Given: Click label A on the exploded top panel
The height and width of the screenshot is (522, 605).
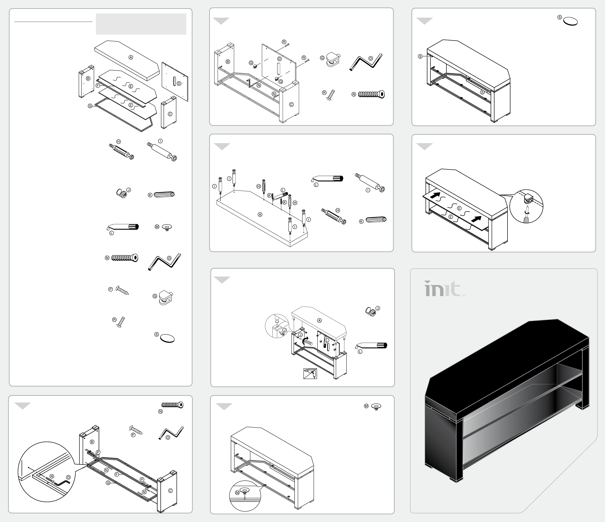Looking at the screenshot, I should coord(131,58).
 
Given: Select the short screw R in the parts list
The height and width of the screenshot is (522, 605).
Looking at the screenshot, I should coord(121,322).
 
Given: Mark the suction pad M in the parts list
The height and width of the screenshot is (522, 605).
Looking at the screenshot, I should coord(167,227).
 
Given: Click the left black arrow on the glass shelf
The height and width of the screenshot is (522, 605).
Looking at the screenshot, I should coord(435,195).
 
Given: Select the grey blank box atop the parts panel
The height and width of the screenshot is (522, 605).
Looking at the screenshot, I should coord(141,24).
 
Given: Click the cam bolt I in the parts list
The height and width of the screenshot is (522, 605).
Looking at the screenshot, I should coord(162,152).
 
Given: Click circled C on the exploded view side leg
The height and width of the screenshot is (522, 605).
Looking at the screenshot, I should coord(170,114).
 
